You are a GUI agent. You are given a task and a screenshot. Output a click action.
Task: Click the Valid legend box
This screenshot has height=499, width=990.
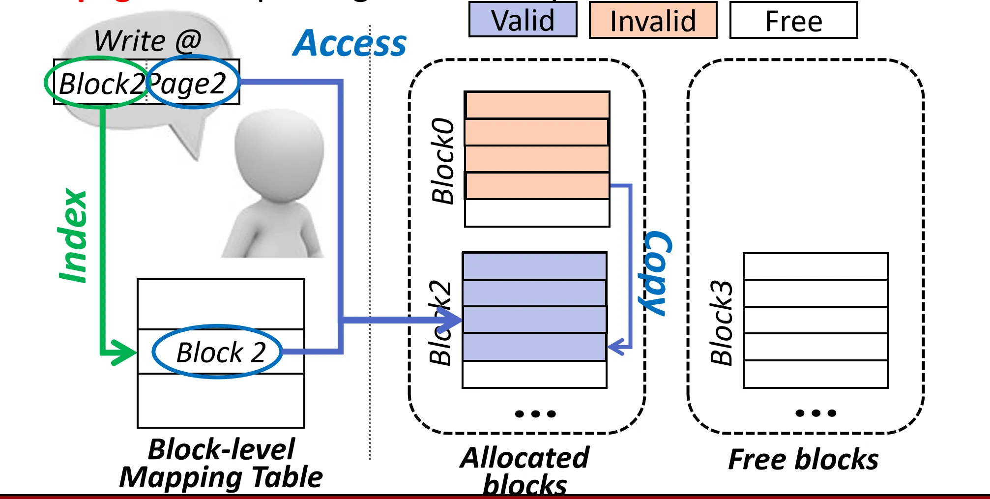(523, 20)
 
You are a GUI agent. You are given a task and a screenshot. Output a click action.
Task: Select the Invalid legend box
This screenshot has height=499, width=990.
(653, 21)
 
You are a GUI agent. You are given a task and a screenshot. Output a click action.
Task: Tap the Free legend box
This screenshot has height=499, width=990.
(793, 21)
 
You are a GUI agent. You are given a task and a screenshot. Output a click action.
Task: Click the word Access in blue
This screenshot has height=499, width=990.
(349, 44)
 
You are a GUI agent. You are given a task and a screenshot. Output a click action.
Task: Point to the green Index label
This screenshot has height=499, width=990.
(73, 236)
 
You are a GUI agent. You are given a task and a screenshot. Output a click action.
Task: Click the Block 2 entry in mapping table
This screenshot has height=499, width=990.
(220, 352)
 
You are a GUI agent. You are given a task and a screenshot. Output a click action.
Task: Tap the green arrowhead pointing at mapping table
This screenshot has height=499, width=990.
(123, 352)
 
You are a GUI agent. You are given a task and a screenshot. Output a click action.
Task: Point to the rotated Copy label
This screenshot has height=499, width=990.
(656, 273)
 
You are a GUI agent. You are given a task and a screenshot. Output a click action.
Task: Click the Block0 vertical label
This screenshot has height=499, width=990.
(442, 161)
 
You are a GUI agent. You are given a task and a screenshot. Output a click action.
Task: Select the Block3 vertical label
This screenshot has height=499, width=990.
(721, 323)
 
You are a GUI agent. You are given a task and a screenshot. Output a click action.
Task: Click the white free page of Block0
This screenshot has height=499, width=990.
(537, 213)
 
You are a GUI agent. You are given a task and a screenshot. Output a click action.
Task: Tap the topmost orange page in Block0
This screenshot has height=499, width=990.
(537, 105)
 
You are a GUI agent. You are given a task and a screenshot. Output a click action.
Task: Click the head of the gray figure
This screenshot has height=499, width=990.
(279, 152)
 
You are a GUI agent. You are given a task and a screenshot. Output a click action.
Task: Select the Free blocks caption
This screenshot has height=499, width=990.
(803, 460)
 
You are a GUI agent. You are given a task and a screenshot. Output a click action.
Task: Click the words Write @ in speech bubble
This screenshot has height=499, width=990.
(147, 40)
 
